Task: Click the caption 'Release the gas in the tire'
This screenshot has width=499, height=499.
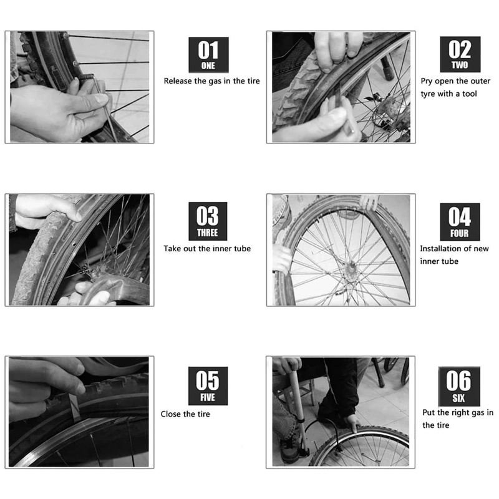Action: [x=211, y=81]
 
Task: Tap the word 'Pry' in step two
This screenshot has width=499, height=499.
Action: [x=427, y=81]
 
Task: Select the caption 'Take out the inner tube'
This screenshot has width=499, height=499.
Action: [x=207, y=248]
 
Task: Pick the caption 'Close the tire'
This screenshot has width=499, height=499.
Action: [x=185, y=414]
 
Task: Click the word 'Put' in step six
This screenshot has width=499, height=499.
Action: [x=429, y=412]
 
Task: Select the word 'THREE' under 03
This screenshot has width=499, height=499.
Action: [x=208, y=233]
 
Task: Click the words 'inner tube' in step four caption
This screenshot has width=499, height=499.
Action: [x=439, y=261]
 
